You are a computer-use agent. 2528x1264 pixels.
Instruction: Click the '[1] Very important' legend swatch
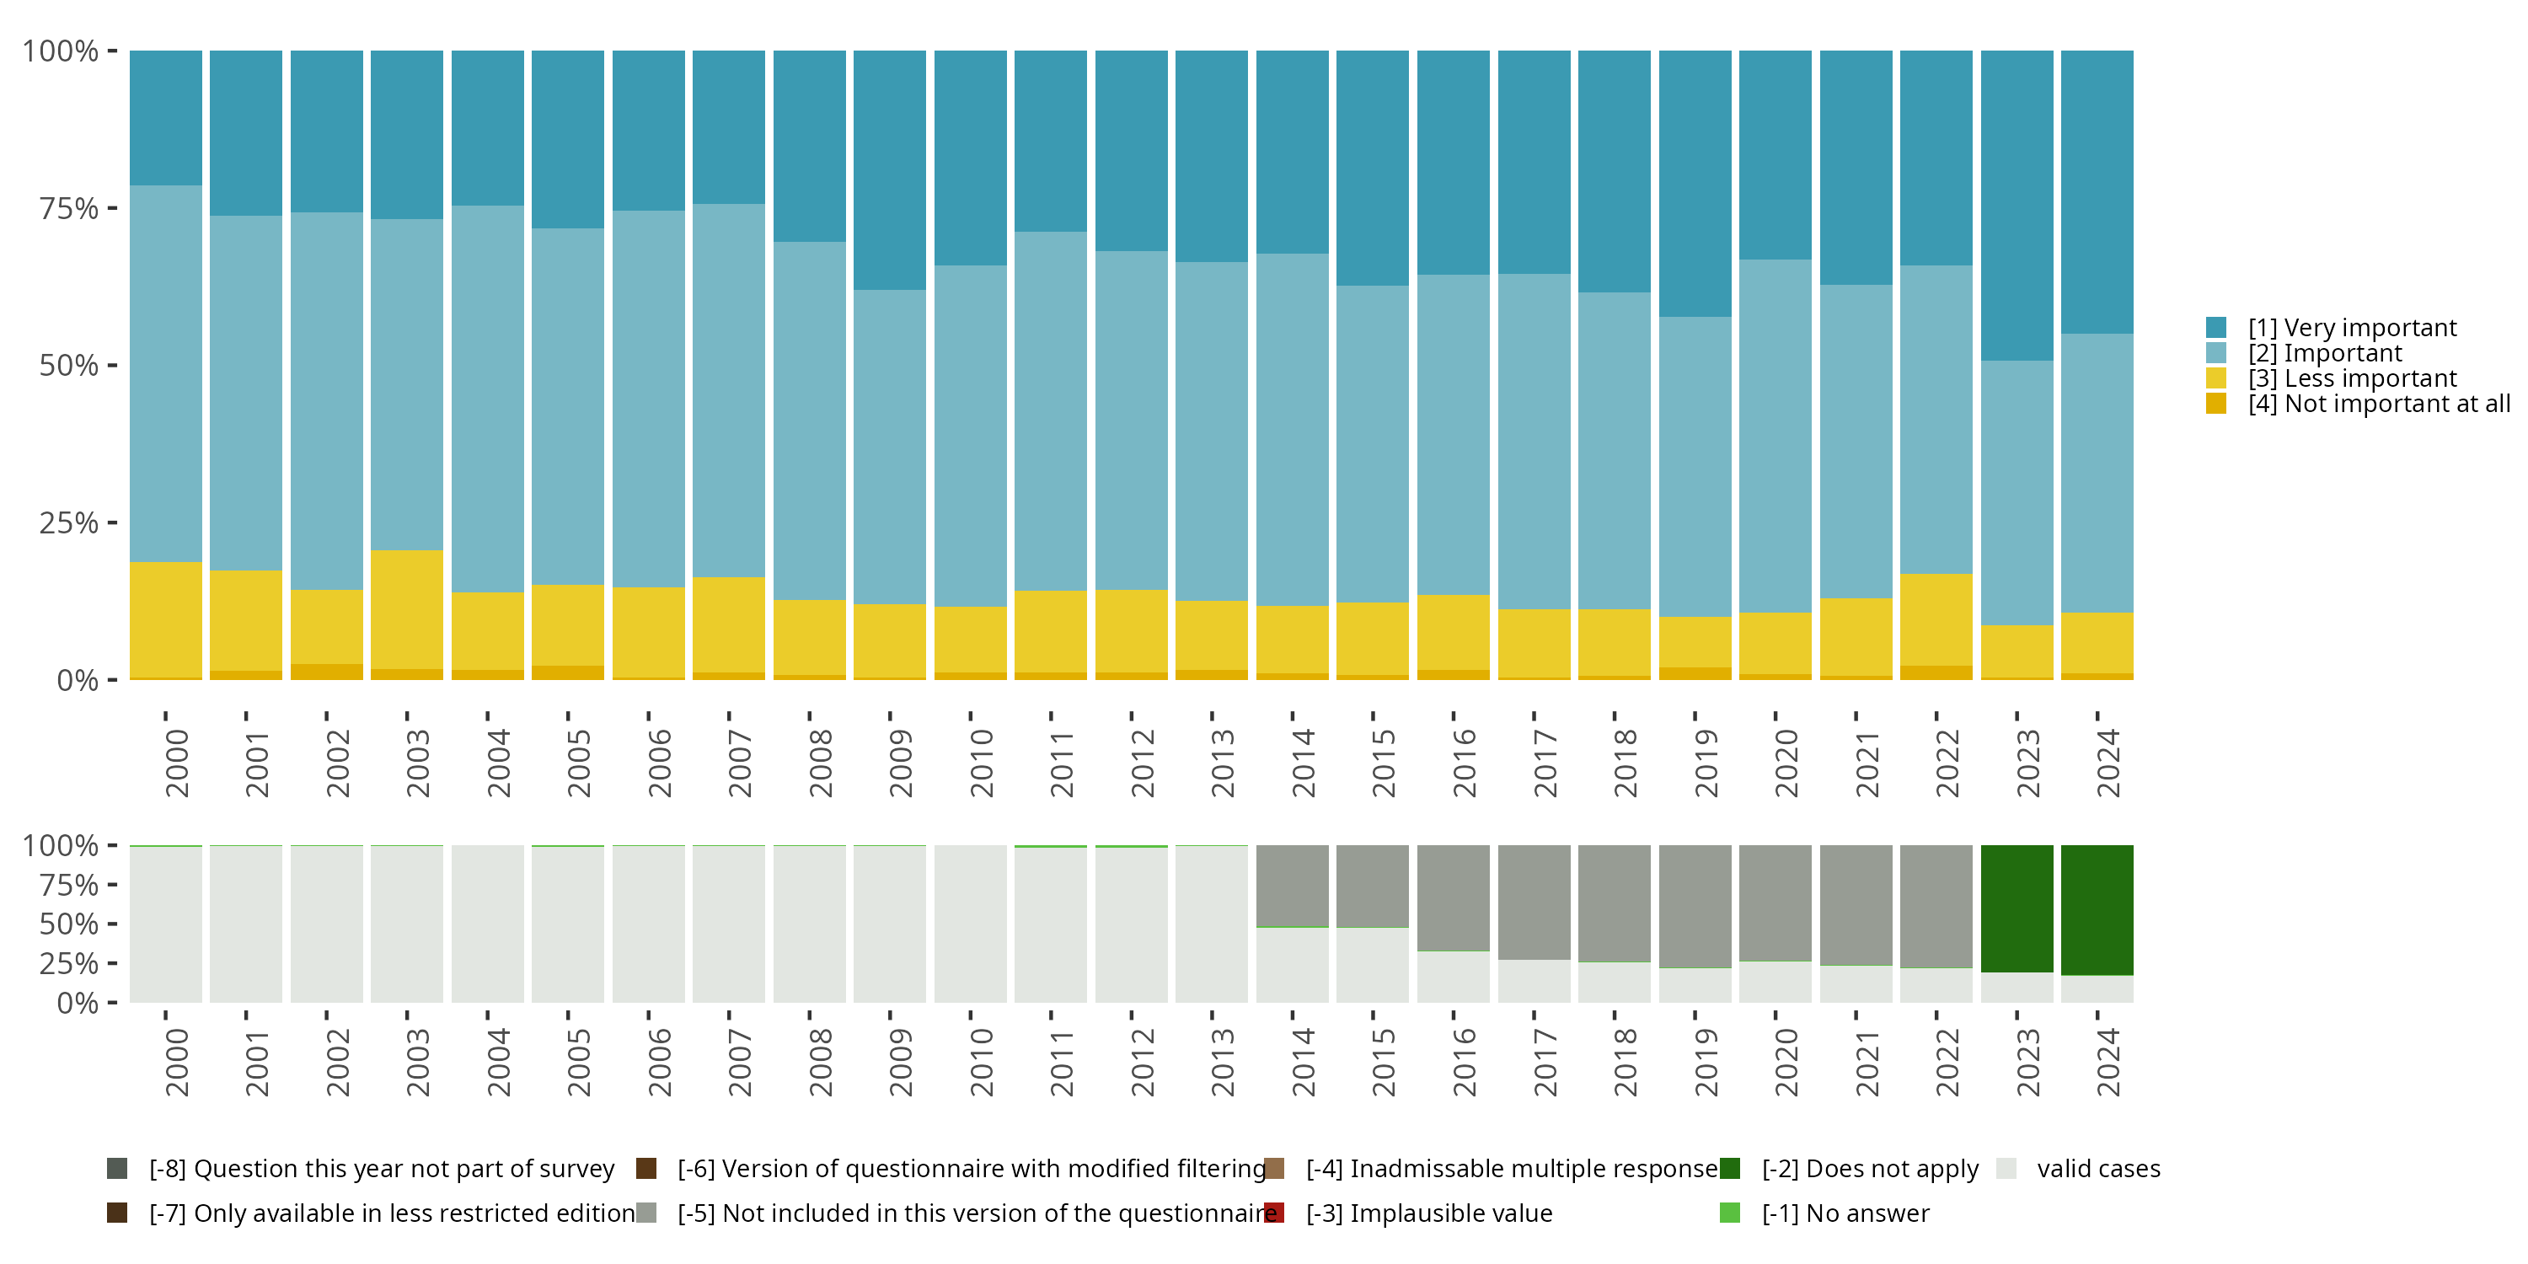coord(2216,328)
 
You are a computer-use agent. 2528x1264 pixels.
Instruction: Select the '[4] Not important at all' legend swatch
coord(2216,404)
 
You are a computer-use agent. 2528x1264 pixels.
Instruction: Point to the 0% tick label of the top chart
coord(78,680)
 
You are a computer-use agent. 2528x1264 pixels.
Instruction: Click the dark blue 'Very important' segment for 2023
coord(2017,206)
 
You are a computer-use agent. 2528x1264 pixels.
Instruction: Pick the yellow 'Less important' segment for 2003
coord(407,609)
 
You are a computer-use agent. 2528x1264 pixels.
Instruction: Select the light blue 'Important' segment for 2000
coord(166,373)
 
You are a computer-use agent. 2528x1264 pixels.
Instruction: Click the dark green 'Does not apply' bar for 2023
coord(2017,908)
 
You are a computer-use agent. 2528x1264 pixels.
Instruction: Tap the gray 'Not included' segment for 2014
coord(1293,885)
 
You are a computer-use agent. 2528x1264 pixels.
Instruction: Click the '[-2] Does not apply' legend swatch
coord(1730,1169)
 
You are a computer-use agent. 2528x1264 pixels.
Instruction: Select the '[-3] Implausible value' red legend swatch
coord(1274,1213)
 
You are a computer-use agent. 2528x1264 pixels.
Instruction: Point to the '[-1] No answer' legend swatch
coord(1730,1213)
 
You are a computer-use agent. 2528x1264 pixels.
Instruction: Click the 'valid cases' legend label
coord(2098,1169)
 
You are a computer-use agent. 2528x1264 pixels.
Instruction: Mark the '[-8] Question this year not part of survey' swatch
coord(117,1169)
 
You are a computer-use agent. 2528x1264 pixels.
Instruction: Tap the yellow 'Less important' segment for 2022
coord(1936,620)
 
